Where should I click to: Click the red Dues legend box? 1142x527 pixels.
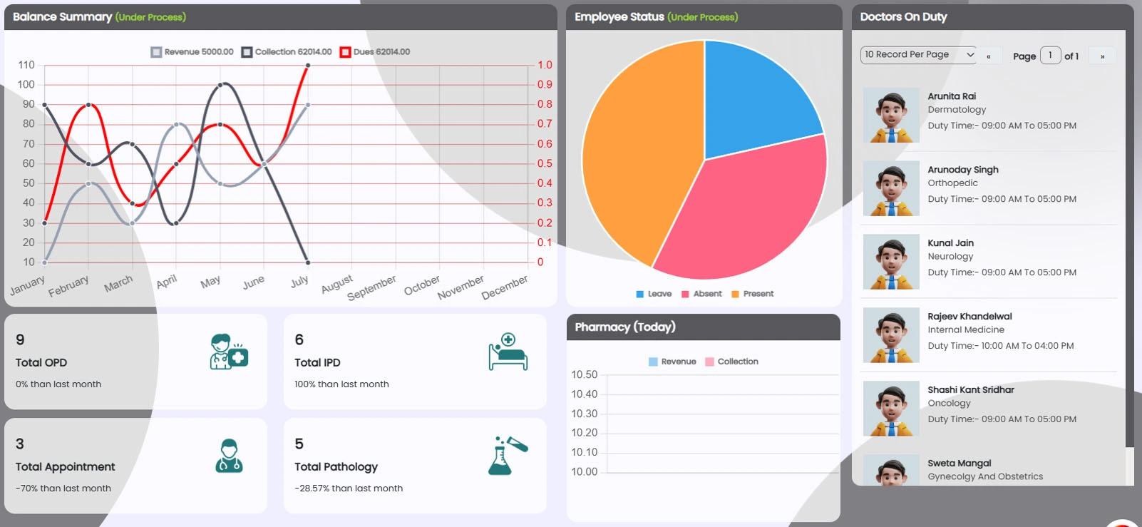(x=346, y=52)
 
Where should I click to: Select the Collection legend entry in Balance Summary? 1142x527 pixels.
(x=287, y=52)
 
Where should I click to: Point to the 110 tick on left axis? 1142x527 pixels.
(x=26, y=65)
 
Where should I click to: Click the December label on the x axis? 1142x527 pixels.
(x=505, y=287)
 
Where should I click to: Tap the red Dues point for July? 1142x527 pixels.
(x=308, y=66)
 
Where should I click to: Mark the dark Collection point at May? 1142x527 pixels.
(x=220, y=85)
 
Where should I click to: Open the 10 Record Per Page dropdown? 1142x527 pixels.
(x=918, y=55)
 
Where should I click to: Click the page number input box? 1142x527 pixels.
(x=1050, y=56)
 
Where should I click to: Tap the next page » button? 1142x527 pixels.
(x=1102, y=56)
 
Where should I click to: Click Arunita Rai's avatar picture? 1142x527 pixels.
(x=891, y=116)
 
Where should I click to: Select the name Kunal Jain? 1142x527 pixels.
(x=950, y=243)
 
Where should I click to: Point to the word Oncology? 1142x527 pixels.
(x=949, y=404)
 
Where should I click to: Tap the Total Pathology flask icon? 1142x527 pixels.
(x=508, y=456)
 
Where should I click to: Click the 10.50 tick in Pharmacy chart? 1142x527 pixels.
(x=584, y=375)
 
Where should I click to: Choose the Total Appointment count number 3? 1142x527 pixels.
(x=20, y=444)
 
